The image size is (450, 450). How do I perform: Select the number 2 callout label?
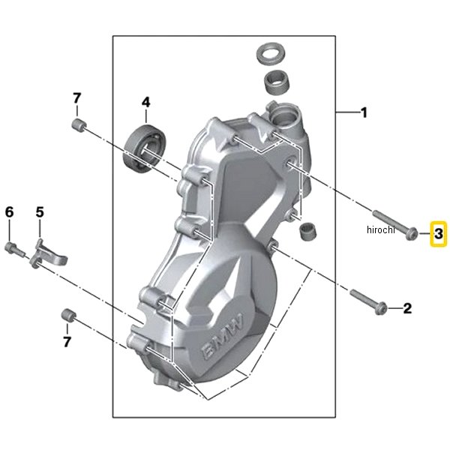tap(407, 307)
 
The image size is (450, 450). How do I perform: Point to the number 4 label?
tap(145, 101)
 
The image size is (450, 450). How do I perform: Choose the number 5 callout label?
tap(40, 212)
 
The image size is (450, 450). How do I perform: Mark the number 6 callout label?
tap(10, 212)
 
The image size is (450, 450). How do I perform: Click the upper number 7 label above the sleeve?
tap(76, 98)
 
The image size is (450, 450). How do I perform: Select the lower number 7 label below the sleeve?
tap(67, 342)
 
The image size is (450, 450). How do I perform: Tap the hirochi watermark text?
tap(381, 230)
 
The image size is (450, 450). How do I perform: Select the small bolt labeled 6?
tap(13, 247)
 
